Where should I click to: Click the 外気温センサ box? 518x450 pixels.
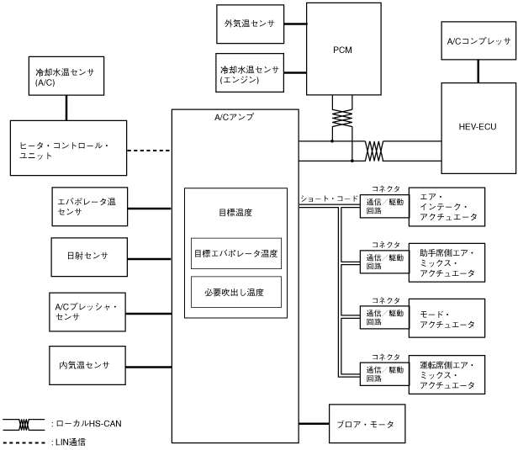point(250,24)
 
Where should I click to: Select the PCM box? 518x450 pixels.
point(344,49)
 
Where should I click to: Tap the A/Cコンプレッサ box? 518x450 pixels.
point(478,40)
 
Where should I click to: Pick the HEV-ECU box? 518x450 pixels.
point(478,128)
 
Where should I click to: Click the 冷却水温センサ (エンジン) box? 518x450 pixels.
point(250,72)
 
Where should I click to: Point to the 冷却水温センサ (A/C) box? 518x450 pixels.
point(66,76)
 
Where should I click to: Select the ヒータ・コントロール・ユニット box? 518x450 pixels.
point(68,148)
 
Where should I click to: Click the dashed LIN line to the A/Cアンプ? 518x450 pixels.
point(149,151)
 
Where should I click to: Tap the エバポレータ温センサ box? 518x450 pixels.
point(89,207)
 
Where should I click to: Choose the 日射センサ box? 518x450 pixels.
point(89,257)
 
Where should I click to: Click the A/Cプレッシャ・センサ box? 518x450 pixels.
point(87,312)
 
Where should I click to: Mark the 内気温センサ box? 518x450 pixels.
point(87,365)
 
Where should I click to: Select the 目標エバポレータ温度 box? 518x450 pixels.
point(236,253)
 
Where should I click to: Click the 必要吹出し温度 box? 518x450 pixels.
point(236,292)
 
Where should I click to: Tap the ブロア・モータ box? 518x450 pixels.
point(367,424)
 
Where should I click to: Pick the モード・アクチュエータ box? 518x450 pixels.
point(447,318)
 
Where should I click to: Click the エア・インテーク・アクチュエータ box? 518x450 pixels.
point(447,207)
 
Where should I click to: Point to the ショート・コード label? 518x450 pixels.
point(329,199)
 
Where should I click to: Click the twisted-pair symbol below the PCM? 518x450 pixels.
point(342,119)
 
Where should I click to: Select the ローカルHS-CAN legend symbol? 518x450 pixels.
point(24,425)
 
